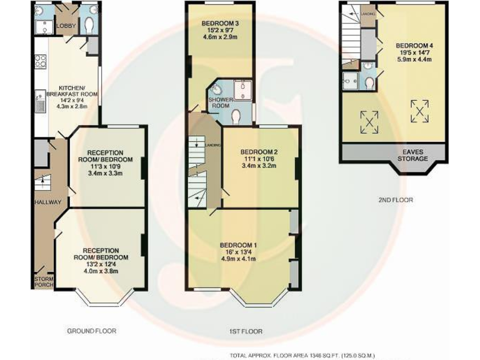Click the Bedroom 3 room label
pos(220,24)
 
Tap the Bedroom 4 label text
pos(414,46)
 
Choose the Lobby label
pos(66,26)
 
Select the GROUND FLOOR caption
pos(91,331)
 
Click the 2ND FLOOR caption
pos(396,200)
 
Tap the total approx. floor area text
pos(302,355)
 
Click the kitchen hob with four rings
pos(40,61)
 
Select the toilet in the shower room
pos(236,116)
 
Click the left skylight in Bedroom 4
pos(369,121)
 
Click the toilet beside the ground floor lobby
pos(88,24)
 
